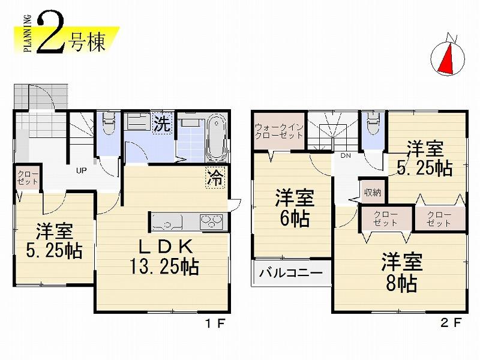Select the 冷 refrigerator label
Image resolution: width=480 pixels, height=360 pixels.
click(214, 178)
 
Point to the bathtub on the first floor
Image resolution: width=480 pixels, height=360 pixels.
click(216, 137)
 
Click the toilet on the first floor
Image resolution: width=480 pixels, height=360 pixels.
click(108, 125)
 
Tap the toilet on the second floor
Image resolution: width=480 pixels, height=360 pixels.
click(373, 125)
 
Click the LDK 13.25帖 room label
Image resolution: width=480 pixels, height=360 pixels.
click(164, 256)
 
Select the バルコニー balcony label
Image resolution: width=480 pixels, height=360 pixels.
click(291, 274)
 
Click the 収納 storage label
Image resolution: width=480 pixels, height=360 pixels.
click(372, 193)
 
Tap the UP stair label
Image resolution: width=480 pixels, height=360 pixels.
click(82, 170)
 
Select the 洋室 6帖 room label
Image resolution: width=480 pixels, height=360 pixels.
click(293, 208)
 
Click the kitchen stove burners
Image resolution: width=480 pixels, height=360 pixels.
click(212, 221)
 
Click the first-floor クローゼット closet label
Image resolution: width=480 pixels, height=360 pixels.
click(25, 178)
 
